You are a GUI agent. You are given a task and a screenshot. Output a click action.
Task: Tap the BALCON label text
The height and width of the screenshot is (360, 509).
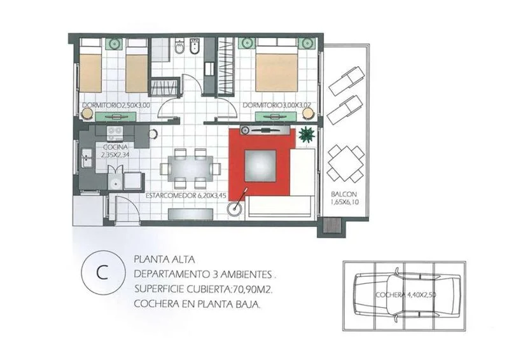[x=344, y=195]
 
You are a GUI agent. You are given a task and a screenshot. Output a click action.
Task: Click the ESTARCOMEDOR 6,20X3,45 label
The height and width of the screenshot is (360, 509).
[x=186, y=196]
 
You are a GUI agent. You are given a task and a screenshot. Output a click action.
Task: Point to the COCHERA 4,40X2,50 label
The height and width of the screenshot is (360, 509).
[x=406, y=295]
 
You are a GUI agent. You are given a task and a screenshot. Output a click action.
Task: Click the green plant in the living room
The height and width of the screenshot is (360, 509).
[x=307, y=134]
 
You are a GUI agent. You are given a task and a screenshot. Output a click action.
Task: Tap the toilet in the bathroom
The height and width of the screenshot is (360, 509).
[x=179, y=46]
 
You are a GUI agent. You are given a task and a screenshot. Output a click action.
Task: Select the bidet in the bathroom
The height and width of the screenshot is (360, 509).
[x=195, y=46]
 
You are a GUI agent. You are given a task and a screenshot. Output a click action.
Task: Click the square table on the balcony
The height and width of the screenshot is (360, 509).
[x=345, y=163]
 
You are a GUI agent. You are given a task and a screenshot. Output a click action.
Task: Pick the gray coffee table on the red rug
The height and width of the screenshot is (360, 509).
[x=260, y=165]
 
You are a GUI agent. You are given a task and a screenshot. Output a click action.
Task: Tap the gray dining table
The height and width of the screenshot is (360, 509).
[x=190, y=169]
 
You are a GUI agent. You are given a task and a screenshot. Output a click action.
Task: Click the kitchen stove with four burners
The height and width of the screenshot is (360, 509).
[x=115, y=130]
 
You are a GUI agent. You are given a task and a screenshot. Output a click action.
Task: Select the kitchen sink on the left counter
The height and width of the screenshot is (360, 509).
[x=87, y=158]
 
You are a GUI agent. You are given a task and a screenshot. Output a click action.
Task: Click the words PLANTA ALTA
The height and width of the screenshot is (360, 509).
[x=164, y=260]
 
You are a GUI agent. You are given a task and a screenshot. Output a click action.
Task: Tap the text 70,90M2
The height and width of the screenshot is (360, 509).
[x=251, y=289]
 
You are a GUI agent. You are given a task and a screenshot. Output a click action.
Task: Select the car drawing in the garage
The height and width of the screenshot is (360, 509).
[x=407, y=295]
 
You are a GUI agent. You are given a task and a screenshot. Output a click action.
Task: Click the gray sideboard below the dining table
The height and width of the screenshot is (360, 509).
[x=190, y=214]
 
